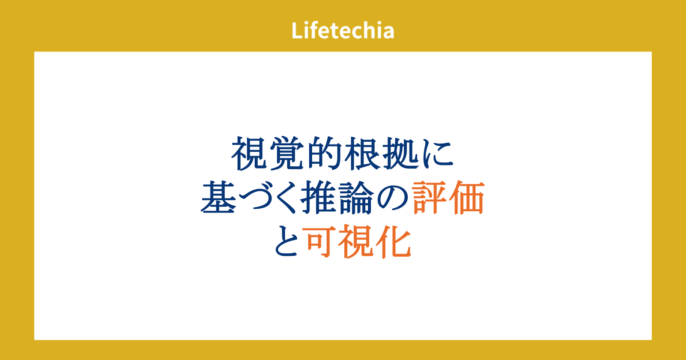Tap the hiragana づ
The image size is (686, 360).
255,198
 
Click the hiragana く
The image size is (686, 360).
285,198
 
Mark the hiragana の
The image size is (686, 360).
393,198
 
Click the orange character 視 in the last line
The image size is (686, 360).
356,241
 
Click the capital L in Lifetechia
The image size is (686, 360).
297,30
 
